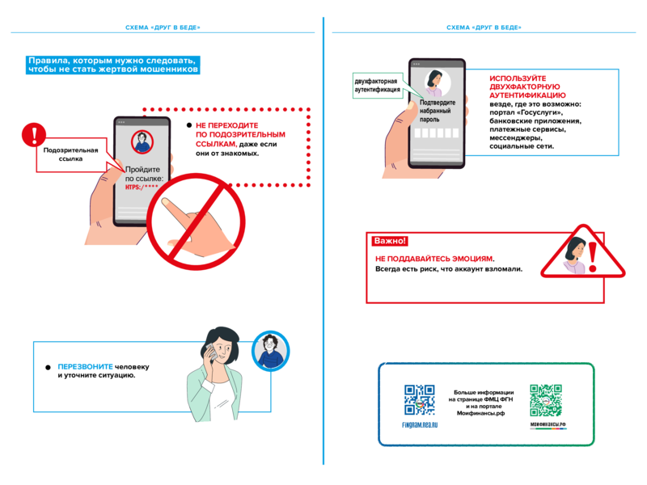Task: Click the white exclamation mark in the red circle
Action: [x=34, y=134]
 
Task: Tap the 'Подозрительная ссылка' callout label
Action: [x=70, y=154]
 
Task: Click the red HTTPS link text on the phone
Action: [x=142, y=188]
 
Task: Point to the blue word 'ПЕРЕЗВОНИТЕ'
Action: [x=85, y=366]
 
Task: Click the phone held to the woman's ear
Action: [x=211, y=352]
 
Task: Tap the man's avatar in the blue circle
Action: [x=270, y=351]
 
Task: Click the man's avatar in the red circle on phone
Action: [x=142, y=141]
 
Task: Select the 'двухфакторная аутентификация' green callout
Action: [x=378, y=86]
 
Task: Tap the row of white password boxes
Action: [x=437, y=133]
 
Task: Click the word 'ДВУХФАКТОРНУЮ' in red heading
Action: [x=524, y=86]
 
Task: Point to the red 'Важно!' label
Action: [x=390, y=241]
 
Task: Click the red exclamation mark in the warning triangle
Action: [x=593, y=256]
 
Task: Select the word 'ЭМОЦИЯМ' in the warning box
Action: [x=472, y=259]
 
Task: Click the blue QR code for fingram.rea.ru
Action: [x=419, y=399]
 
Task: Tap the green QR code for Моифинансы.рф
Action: [x=546, y=400]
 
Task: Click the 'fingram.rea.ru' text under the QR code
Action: [x=420, y=425]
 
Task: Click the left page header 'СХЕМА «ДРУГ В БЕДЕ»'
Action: [x=163, y=27]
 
